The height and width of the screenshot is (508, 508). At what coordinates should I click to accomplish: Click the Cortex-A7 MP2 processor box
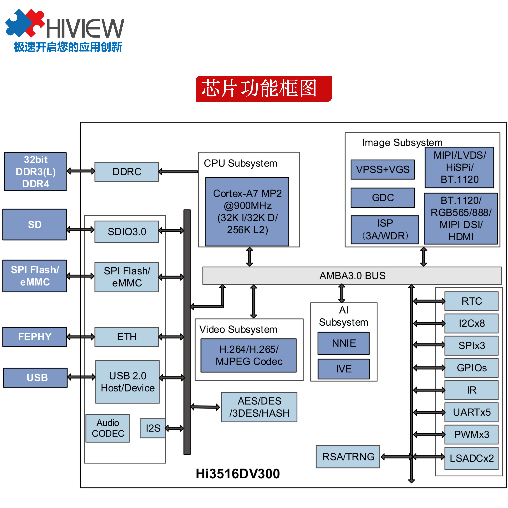coord(247,212)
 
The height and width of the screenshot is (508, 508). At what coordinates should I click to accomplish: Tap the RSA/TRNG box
coord(348,457)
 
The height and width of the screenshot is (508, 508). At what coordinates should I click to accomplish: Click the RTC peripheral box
coord(471,301)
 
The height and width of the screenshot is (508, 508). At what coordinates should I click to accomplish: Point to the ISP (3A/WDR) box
coord(385,230)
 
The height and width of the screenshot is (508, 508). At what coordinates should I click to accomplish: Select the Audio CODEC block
coord(107,428)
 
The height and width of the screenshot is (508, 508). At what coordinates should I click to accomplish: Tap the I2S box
coord(153,428)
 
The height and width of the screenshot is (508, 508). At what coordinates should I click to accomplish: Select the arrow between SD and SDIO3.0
coord(80,230)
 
